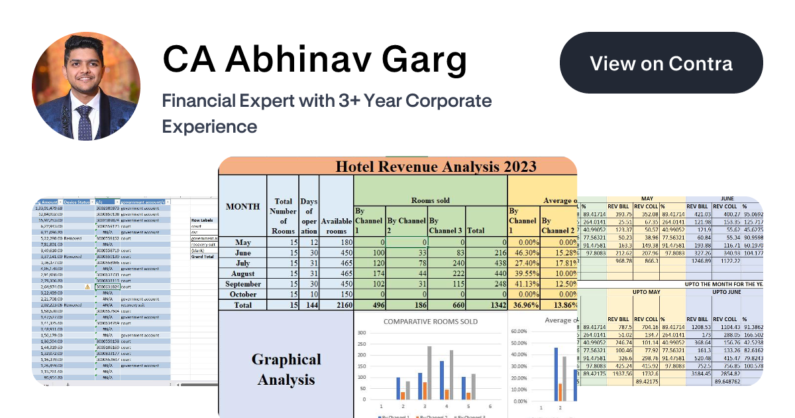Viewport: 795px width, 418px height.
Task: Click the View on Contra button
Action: [x=661, y=63]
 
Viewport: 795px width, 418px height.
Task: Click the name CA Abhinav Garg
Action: [x=315, y=61]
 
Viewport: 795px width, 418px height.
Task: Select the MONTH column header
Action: [x=242, y=206]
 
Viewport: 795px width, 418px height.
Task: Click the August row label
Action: [x=242, y=273]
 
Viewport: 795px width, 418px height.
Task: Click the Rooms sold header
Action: [x=430, y=200]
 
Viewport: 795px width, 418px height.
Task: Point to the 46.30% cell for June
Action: [x=523, y=253]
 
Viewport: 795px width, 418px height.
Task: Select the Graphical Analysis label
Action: [x=287, y=369]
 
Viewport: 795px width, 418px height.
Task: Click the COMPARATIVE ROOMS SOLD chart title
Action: [x=430, y=321]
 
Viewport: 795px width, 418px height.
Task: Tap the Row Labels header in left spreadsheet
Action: [x=203, y=220]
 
